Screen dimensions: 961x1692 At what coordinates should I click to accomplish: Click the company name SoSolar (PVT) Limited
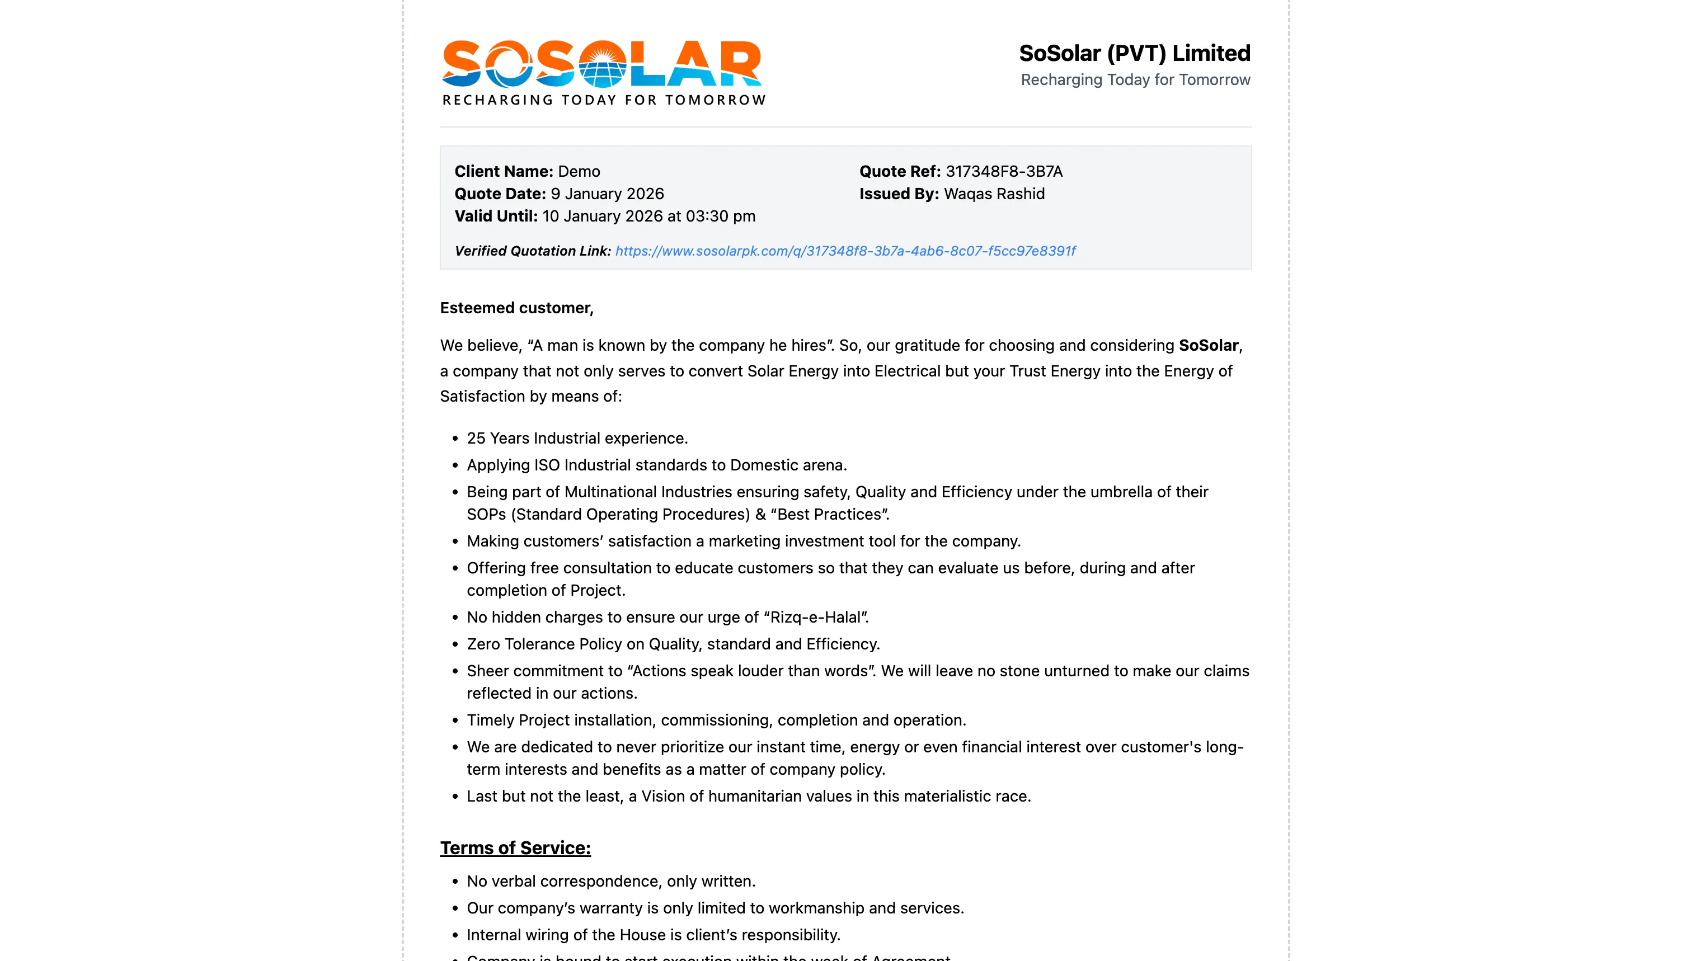click(x=1134, y=53)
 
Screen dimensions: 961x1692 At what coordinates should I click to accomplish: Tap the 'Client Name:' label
click(x=504, y=172)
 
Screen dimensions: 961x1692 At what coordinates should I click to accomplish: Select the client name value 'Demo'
click(x=579, y=172)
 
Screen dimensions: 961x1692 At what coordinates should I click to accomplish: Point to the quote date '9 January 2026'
click(x=607, y=194)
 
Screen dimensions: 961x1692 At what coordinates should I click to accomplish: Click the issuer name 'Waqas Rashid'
click(x=994, y=194)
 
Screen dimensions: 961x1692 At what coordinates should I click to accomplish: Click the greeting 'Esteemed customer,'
click(x=517, y=308)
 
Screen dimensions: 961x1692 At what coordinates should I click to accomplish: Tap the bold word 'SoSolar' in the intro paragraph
click(x=1208, y=345)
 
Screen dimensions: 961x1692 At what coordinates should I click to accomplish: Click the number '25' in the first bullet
click(x=476, y=438)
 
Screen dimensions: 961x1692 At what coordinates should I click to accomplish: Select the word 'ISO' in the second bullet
click(x=547, y=465)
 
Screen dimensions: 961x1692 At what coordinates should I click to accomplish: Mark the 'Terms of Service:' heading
click(x=515, y=848)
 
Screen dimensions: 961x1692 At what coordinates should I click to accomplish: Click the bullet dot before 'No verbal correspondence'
click(x=455, y=882)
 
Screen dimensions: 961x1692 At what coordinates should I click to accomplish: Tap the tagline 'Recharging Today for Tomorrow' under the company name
click(x=1135, y=80)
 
